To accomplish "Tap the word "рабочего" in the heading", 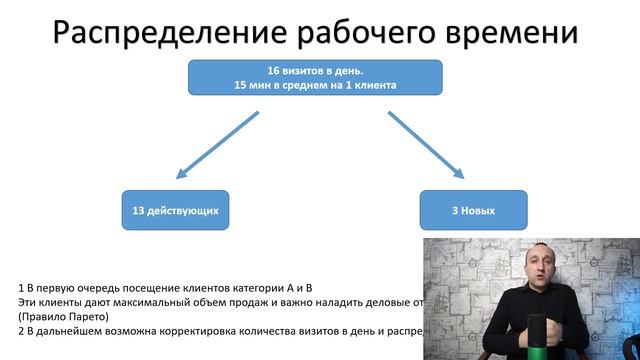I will (345, 32).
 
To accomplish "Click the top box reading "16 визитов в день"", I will (313, 79).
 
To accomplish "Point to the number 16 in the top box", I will (273, 71).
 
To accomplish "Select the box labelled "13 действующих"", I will (175, 212).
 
